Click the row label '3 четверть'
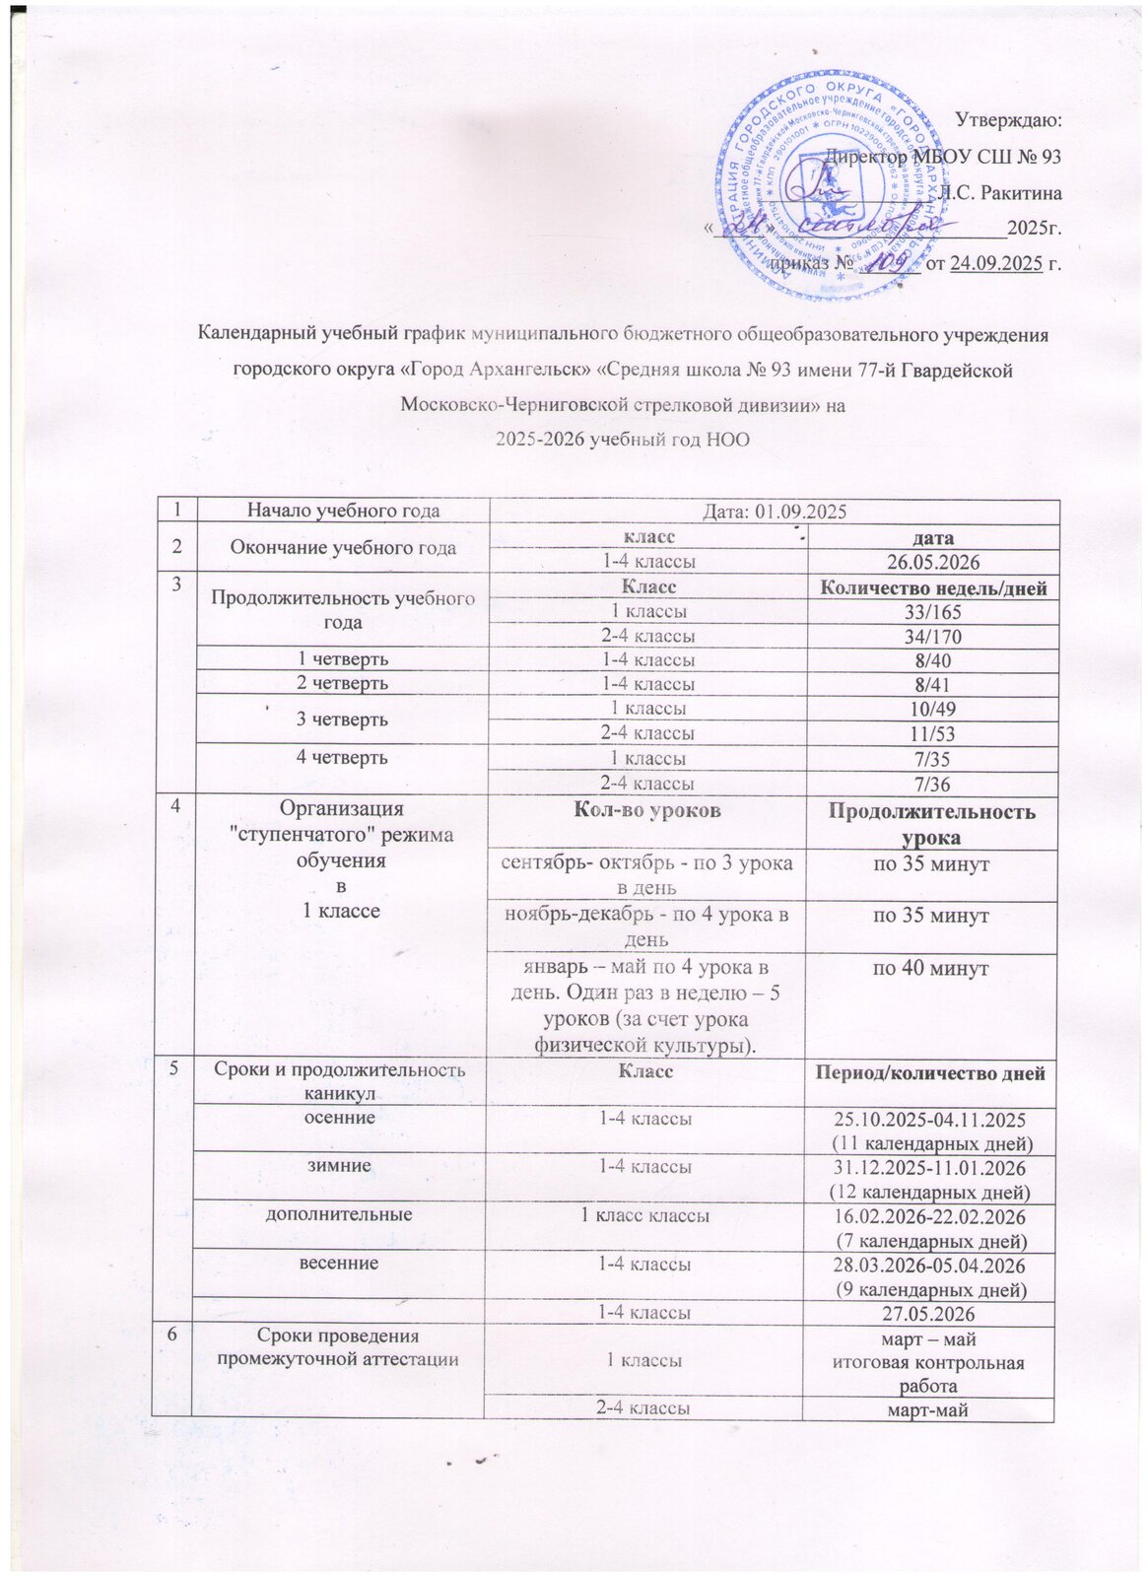[x=343, y=720]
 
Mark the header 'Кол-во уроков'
[x=648, y=810]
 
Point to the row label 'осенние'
[x=343, y=1118]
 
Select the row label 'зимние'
[x=343, y=1165]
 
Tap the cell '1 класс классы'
[x=647, y=1215]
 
